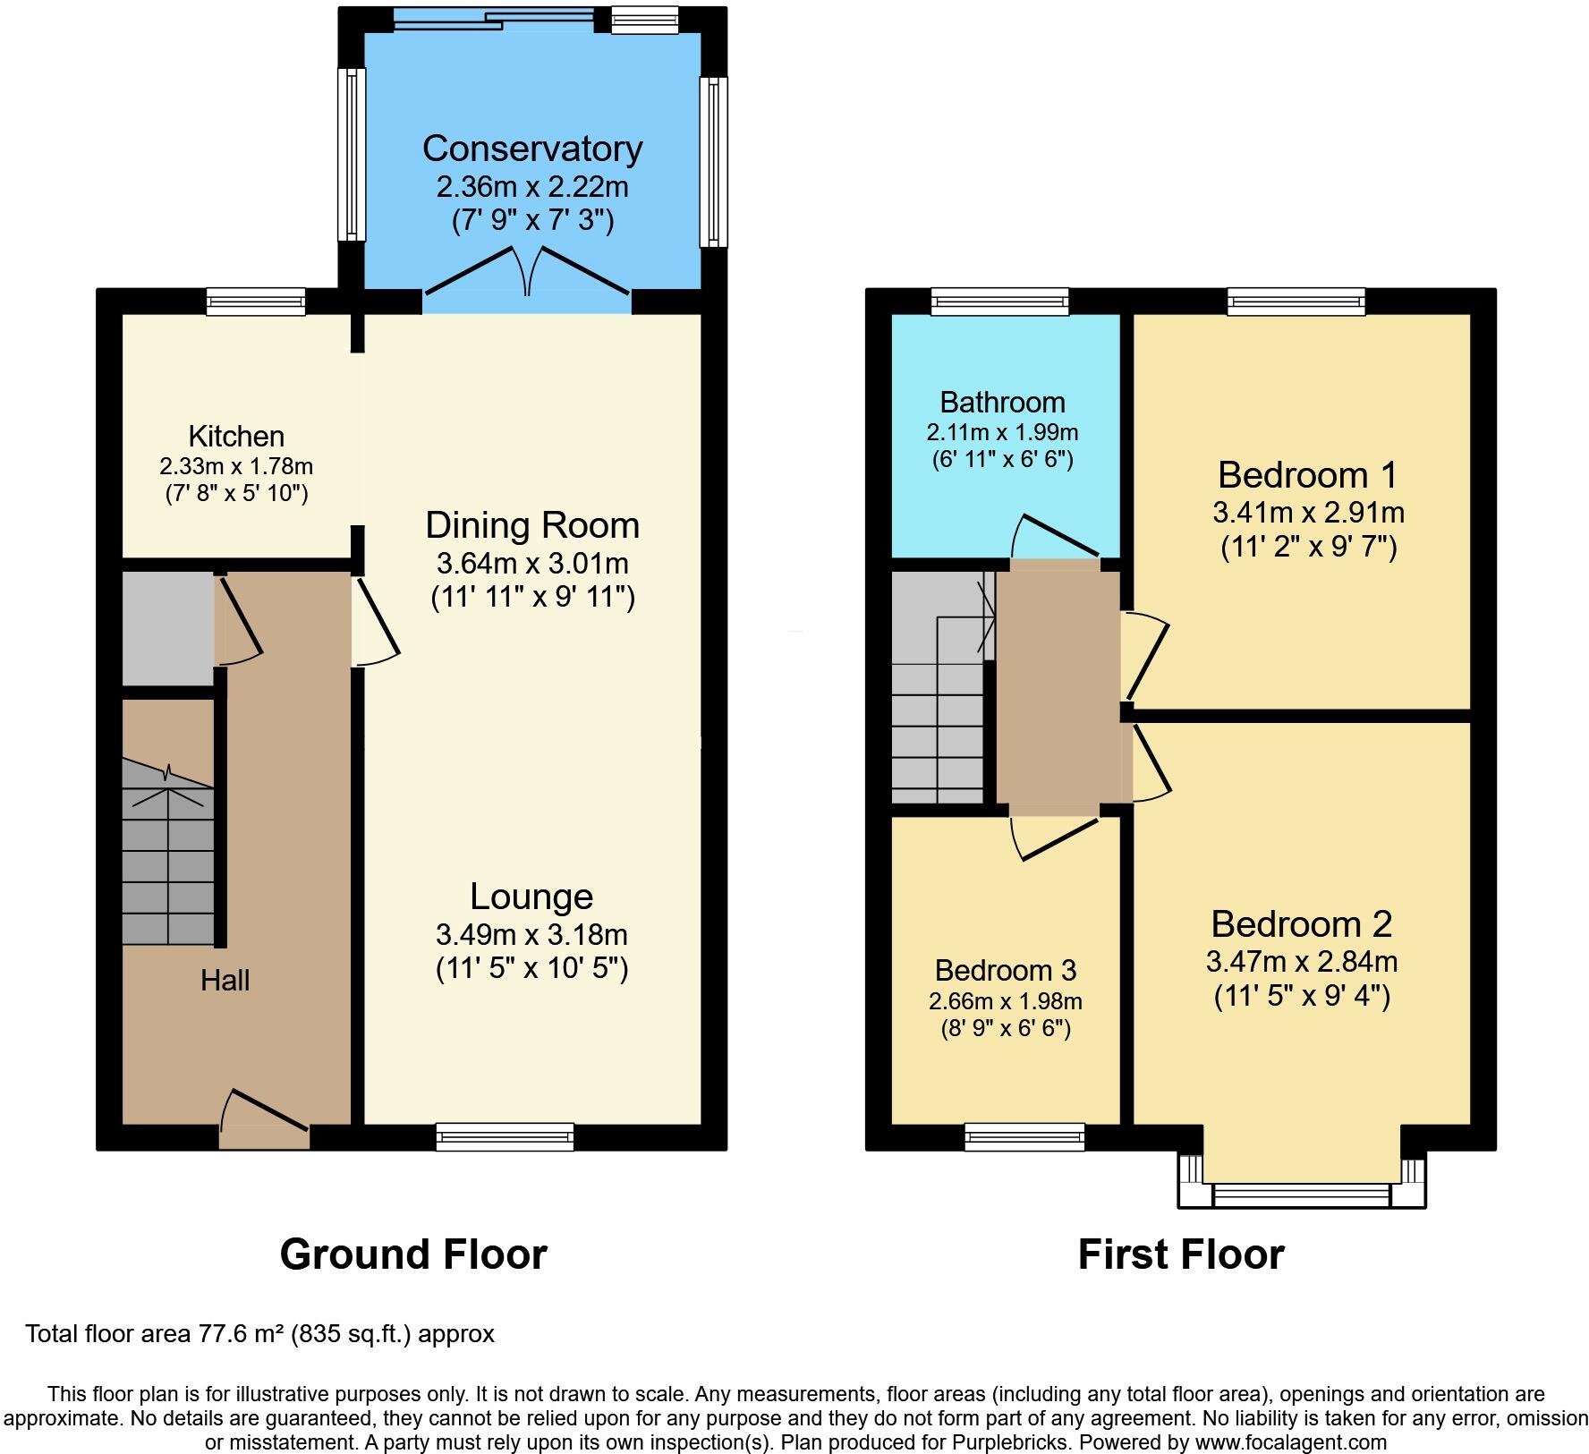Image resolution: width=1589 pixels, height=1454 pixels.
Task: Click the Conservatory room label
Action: pos(532,149)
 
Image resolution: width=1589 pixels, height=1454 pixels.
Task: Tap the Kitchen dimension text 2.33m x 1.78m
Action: pos(236,466)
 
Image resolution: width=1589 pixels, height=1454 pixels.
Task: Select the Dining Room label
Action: pos(532,525)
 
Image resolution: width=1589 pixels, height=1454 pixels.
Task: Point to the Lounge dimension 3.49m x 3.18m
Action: pos(531,935)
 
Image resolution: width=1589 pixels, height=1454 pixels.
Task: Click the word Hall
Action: pos(225,981)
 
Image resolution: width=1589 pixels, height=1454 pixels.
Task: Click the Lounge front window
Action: pos(506,1136)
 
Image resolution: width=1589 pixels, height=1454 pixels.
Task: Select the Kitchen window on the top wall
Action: pos(256,302)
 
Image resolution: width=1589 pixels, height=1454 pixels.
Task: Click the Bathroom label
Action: pos(1002,403)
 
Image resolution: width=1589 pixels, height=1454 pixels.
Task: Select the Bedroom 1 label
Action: pos(1307,474)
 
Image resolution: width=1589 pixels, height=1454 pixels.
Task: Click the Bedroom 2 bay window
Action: pos(1302,1194)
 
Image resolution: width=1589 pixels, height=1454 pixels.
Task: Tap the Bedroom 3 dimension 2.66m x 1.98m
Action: pos(1006,1001)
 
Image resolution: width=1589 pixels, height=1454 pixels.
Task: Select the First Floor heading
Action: pos(1180,1254)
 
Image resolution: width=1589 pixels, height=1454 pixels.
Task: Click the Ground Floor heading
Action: pos(413,1254)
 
